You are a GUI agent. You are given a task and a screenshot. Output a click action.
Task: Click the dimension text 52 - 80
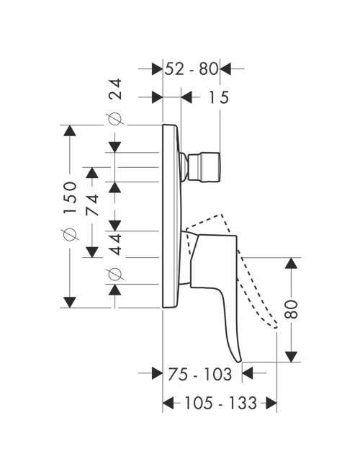(191, 69)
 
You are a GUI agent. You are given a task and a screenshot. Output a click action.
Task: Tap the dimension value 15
(219, 97)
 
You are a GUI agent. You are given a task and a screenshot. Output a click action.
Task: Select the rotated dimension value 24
(115, 89)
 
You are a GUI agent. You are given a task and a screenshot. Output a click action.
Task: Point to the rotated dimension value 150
(69, 197)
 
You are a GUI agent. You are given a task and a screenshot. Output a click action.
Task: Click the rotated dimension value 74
(92, 205)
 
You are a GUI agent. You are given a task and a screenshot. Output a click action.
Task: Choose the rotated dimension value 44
(115, 244)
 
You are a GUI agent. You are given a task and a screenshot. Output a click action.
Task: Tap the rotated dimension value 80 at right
(291, 309)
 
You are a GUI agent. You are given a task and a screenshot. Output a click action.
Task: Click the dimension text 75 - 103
(200, 374)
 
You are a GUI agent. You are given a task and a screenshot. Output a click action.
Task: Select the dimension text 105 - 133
(220, 403)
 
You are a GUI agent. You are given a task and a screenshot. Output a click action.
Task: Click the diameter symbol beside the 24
(115, 119)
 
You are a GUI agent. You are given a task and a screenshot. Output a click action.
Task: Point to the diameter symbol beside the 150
(69, 234)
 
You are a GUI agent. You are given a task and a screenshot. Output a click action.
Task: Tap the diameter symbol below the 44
(115, 274)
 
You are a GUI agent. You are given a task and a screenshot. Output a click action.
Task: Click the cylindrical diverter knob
(204, 168)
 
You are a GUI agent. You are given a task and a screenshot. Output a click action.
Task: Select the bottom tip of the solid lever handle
(240, 362)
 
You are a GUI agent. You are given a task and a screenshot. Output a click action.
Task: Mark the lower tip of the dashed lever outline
(275, 327)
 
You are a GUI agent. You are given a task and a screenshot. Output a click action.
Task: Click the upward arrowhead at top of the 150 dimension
(69, 130)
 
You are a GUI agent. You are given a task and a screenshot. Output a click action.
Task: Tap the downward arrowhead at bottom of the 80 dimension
(291, 357)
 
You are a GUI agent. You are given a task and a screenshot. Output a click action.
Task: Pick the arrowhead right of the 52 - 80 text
(225, 69)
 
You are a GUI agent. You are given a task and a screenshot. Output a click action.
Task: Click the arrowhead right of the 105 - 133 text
(271, 403)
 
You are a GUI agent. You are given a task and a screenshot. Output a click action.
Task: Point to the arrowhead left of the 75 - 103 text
(157, 373)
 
